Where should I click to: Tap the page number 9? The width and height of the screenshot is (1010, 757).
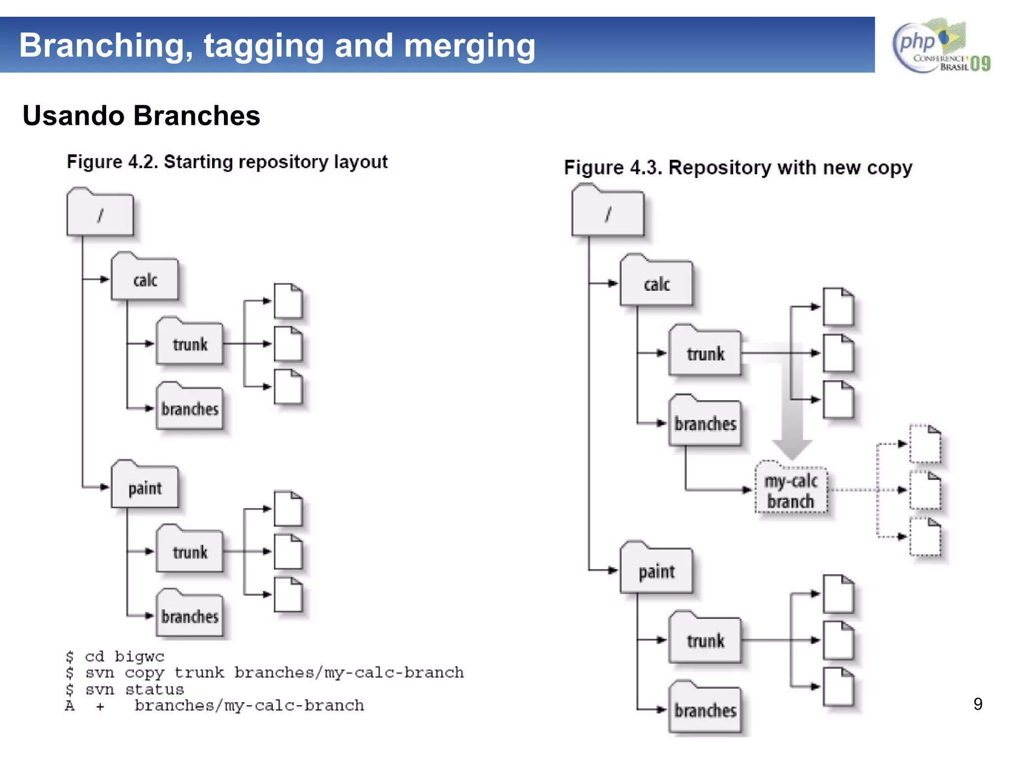click(978, 704)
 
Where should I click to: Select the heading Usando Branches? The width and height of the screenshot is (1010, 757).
click(141, 116)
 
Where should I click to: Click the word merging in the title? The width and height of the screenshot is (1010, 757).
click(469, 46)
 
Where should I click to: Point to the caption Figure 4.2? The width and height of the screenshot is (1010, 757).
click(227, 162)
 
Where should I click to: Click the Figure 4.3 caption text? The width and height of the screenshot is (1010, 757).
click(738, 168)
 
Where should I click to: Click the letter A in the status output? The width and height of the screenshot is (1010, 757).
click(70, 706)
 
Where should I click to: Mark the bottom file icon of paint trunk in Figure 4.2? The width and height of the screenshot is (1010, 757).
click(288, 595)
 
